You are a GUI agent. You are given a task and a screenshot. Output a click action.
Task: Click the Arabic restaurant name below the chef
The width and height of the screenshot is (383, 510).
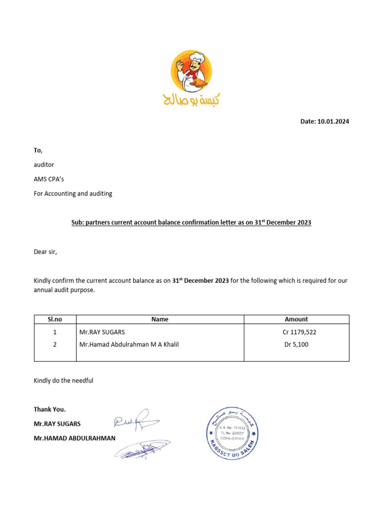tap(191, 99)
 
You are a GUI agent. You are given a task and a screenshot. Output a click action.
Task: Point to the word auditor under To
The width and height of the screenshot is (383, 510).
tap(44, 164)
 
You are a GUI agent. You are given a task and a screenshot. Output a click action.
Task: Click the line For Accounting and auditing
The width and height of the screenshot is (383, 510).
tap(73, 193)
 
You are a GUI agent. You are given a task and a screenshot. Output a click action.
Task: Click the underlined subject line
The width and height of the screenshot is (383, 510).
tap(191, 223)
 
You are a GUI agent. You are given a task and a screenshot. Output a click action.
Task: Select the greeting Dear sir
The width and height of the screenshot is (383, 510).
tap(45, 252)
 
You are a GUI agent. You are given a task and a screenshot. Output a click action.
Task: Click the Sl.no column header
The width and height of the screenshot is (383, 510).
tap(54, 319)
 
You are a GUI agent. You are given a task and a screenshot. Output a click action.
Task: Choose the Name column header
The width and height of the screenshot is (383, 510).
tap(160, 319)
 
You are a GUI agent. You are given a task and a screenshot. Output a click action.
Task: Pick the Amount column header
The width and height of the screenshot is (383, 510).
tap(296, 319)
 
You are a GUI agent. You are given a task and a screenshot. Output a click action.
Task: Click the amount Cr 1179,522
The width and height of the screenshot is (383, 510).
tap(299, 332)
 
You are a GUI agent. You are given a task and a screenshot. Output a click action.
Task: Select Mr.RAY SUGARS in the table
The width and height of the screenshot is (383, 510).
tap(103, 332)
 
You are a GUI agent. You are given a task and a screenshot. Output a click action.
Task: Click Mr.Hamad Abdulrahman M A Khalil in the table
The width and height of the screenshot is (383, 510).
tap(129, 344)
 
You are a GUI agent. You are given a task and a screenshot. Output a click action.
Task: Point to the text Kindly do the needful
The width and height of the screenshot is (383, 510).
tap(63, 381)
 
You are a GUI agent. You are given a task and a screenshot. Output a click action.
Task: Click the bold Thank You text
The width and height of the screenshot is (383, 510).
tap(50, 409)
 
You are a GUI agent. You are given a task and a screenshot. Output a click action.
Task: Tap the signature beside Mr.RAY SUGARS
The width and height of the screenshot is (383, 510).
tap(136, 421)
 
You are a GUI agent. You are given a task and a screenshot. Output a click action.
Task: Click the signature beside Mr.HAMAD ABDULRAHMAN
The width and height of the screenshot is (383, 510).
tap(142, 449)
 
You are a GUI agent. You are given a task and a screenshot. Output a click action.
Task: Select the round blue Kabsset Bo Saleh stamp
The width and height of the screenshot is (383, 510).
tap(233, 433)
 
